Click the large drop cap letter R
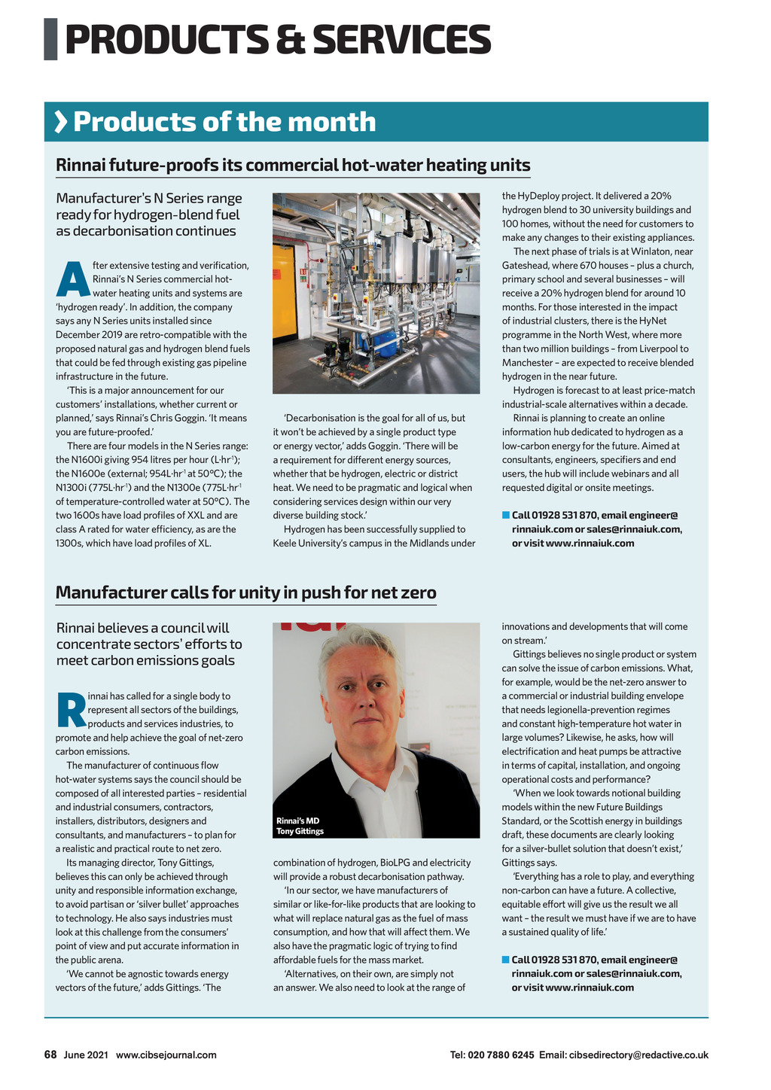(70, 710)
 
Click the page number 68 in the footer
(50, 1055)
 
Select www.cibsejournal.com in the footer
(166, 1055)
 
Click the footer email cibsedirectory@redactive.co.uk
(638, 1055)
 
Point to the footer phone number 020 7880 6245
(501, 1055)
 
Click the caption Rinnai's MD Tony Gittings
(300, 826)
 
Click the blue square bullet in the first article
(506, 515)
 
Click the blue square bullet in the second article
(506, 959)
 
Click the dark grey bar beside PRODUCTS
(50, 39)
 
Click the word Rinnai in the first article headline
(80, 165)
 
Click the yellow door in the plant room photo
(285, 286)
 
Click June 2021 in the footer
(86, 1055)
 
